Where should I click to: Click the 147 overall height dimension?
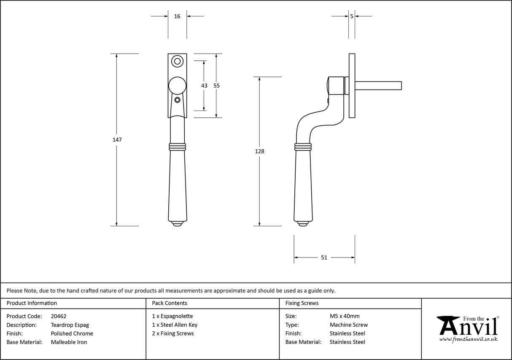(117, 140)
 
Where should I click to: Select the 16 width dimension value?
(177, 16)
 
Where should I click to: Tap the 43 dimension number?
(204, 86)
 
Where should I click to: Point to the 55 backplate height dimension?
(216, 86)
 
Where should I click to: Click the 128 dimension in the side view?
(260, 151)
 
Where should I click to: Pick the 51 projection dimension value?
(324, 257)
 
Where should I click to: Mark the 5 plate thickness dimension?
(351, 16)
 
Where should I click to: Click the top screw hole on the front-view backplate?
(178, 62)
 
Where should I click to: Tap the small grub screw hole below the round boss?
(178, 100)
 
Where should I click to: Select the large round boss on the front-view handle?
(177, 85)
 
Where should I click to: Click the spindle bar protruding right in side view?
(377, 86)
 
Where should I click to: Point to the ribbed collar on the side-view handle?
(303, 147)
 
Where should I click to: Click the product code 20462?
(58, 316)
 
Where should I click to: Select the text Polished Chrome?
(72, 333)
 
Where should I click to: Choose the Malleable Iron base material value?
(69, 342)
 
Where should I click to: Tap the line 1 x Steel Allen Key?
(175, 325)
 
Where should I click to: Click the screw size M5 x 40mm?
(345, 316)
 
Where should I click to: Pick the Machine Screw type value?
(348, 325)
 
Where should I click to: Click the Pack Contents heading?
(170, 303)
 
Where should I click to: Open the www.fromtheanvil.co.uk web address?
(468, 339)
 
